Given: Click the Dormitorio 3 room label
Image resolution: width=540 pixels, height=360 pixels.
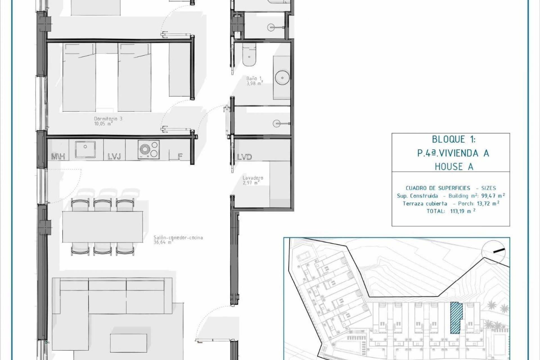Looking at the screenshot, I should pyautogui.click(x=108, y=119).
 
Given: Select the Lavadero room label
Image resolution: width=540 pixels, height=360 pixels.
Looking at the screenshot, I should pyautogui.click(x=253, y=178).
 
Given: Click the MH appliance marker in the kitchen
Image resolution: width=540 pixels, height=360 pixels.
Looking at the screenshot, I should pyautogui.click(x=58, y=157).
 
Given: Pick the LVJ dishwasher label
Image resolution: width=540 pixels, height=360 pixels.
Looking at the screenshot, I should pyautogui.click(x=114, y=157).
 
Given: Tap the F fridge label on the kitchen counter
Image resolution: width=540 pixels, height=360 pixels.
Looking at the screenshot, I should pyautogui.click(x=180, y=157).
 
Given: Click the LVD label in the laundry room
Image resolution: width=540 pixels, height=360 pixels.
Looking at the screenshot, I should pyautogui.click(x=244, y=157).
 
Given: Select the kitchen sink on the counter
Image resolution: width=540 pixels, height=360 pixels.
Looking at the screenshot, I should pyautogui.click(x=85, y=149).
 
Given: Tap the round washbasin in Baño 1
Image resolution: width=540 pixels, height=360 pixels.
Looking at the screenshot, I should pyautogui.click(x=282, y=77).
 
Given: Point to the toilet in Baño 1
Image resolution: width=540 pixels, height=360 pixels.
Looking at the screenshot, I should pyautogui.click(x=249, y=55).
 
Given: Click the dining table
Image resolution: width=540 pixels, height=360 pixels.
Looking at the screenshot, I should pyautogui.click(x=102, y=226).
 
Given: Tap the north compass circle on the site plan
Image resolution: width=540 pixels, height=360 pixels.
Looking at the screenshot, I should pyautogui.click(x=493, y=253).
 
